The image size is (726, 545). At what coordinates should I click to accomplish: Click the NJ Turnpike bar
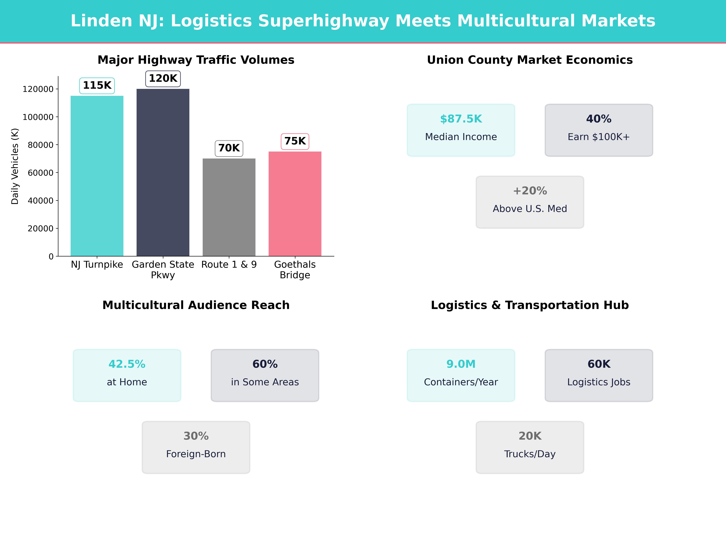[x=97, y=176]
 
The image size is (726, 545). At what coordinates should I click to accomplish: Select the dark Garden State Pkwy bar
[x=163, y=172]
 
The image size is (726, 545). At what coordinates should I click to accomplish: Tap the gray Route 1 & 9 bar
[x=229, y=207]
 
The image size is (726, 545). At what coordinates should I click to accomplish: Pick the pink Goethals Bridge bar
[x=295, y=204]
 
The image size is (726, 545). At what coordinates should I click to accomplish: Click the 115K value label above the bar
[x=97, y=85]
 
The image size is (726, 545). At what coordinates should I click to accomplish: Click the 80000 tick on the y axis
[x=40, y=145]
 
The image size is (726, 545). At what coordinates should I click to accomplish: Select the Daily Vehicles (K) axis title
[x=15, y=166]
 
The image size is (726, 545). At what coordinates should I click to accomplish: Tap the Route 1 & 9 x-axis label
[x=229, y=264]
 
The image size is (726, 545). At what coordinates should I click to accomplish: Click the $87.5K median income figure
[x=461, y=119]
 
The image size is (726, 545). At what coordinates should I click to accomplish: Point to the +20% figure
[x=530, y=191]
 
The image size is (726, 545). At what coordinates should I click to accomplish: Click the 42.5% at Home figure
[x=127, y=364]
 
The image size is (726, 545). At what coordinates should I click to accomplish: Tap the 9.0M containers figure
[x=461, y=364]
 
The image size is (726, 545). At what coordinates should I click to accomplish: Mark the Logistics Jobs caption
[x=599, y=382]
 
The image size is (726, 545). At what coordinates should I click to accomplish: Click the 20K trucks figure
[x=530, y=436]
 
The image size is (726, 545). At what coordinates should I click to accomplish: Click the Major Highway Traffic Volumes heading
[x=196, y=60]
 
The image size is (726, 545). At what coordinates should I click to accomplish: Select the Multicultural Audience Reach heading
[x=196, y=305]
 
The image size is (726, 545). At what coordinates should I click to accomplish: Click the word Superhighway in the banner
[x=323, y=21]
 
